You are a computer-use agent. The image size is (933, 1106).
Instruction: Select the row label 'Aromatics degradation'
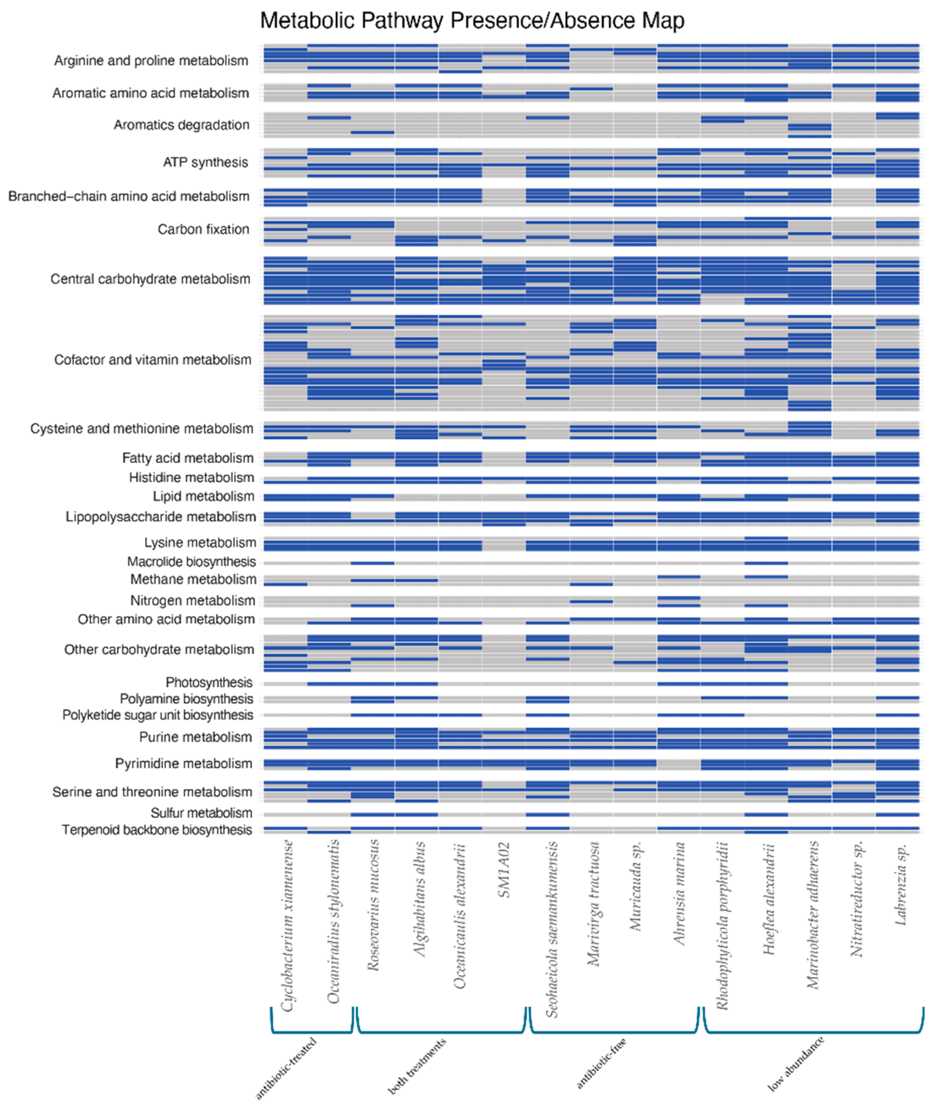pyautogui.click(x=181, y=125)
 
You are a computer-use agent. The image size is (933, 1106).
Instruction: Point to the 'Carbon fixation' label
pyautogui.click(x=203, y=229)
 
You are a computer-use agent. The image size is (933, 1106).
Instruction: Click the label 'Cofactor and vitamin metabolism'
pyautogui.click(x=152, y=360)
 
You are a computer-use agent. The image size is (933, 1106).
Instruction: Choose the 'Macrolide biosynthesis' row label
pyautogui.click(x=191, y=562)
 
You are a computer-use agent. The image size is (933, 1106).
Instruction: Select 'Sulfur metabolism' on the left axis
pyautogui.click(x=201, y=814)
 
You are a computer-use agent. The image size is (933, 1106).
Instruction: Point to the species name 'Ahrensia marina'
pyautogui.click(x=679, y=894)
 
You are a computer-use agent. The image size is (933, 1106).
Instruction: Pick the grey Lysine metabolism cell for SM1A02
pyautogui.click(x=504, y=544)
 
